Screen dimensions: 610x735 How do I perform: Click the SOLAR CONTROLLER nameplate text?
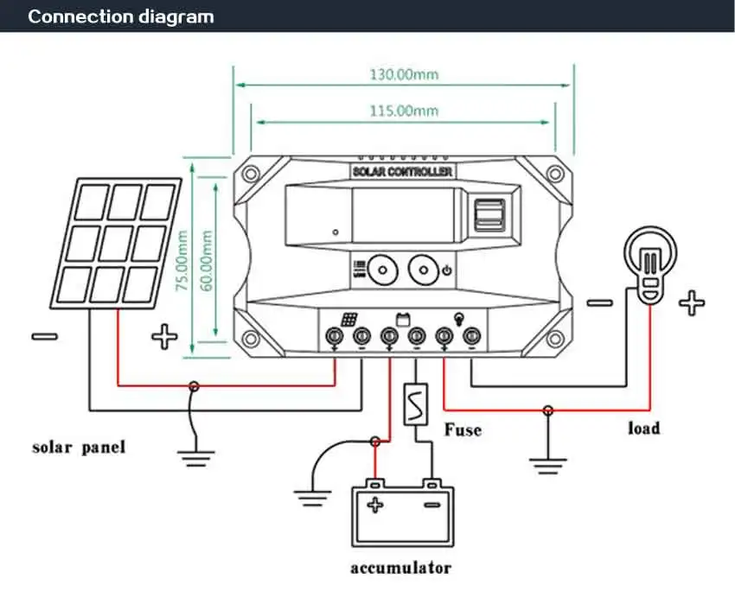(x=403, y=173)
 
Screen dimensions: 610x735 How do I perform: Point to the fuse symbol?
(x=415, y=403)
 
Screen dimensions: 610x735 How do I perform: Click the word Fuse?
(x=462, y=429)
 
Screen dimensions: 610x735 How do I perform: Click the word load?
(x=643, y=428)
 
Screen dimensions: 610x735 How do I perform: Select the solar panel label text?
(x=79, y=448)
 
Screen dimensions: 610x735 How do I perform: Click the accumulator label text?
(x=400, y=568)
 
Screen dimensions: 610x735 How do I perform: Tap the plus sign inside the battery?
(x=375, y=505)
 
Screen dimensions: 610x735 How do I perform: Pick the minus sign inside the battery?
(x=429, y=505)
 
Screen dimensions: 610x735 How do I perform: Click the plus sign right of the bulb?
(x=691, y=303)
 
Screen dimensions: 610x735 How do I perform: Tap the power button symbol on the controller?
(x=446, y=271)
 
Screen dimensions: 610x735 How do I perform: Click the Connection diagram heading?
(x=121, y=16)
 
